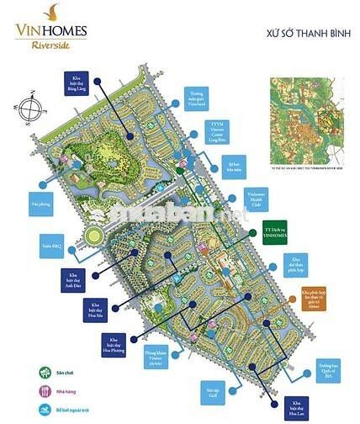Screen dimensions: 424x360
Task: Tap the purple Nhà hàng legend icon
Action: pos(42,390)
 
